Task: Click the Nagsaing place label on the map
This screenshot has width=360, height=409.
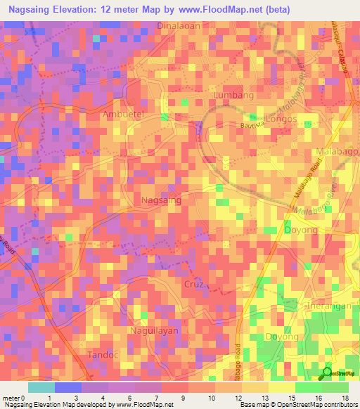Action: pyautogui.click(x=161, y=200)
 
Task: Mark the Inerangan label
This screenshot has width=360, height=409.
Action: pyautogui.click(x=333, y=307)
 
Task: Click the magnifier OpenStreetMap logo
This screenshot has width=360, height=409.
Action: pyautogui.click(x=326, y=374)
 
